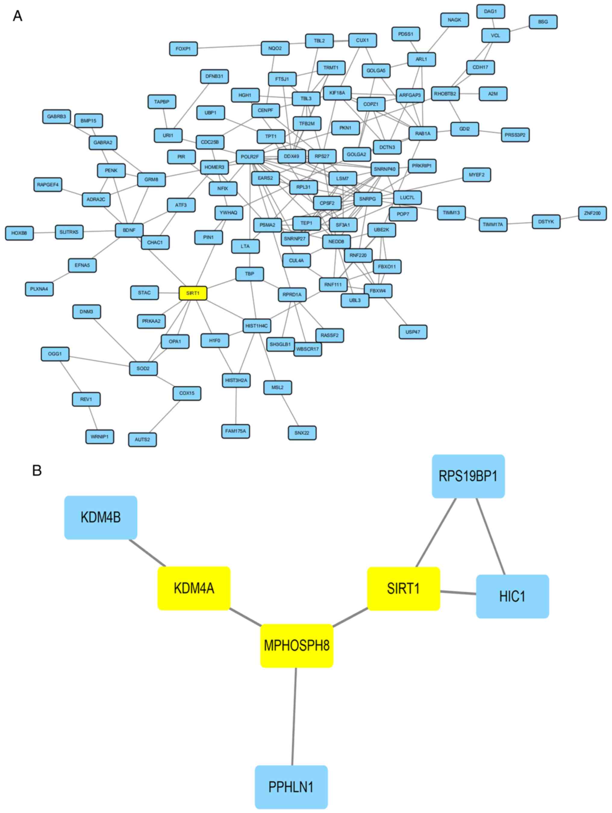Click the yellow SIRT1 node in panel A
point(193,293)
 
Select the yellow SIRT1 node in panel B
point(403,588)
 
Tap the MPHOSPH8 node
point(297,646)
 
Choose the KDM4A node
point(194,588)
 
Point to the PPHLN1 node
point(291,787)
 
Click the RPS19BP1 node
point(468,476)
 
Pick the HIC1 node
point(512,596)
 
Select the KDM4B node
point(101,517)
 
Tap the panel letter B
point(37,471)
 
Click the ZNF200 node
point(592,213)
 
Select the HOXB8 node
point(19,233)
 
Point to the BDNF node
point(129,230)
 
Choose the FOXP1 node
point(183,48)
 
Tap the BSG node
point(543,22)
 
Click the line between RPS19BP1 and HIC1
point(491,536)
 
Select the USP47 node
point(413,332)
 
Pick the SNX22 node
point(302,433)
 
